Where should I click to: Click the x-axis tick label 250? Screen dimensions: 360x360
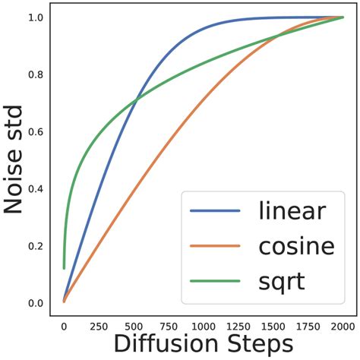click(99, 325)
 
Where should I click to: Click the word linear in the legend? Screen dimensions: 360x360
click(292, 210)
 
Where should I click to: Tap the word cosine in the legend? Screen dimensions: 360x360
click(296, 246)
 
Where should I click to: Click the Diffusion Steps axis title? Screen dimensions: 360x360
click(204, 345)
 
